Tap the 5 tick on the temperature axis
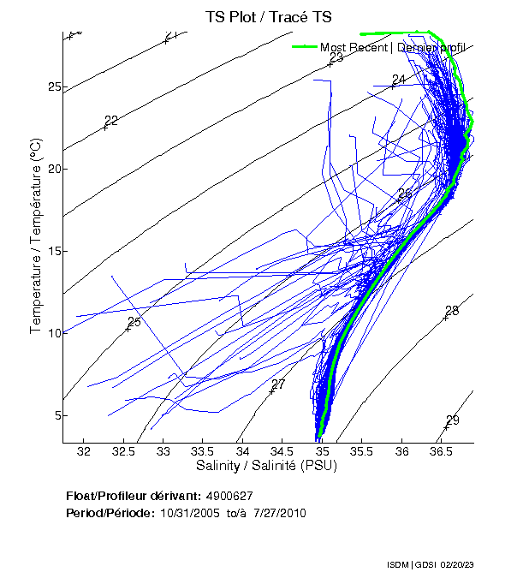[x=56, y=415]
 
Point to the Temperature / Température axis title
[x=36, y=238]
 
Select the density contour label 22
[x=111, y=120]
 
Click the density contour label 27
[x=278, y=384]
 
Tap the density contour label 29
[x=453, y=420]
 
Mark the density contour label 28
[x=452, y=310]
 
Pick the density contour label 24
[x=398, y=80]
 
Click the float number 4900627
[x=229, y=497]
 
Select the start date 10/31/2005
[x=187, y=513]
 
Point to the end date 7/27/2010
[x=276, y=513]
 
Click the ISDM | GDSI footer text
[x=408, y=566]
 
